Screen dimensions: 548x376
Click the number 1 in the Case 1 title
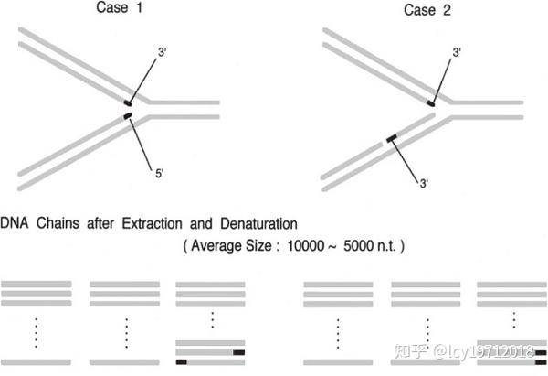pos(140,7)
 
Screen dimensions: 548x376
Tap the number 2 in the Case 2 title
pos(447,10)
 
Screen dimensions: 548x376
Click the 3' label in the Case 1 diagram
pos(163,52)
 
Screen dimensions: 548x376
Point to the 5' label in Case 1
pos(159,173)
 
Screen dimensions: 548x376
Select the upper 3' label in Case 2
pos(457,52)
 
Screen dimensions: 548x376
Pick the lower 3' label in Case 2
pos(424,183)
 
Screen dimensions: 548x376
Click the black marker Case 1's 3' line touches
pos(128,103)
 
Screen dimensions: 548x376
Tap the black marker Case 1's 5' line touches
pos(128,115)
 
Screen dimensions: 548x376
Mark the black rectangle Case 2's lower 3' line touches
pos(392,138)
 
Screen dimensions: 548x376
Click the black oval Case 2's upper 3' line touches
pos(430,103)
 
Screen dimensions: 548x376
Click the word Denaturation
pos(258,224)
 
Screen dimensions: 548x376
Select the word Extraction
pos(152,224)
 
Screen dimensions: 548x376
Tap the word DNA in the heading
pos(15,223)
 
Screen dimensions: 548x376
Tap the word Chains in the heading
pos(58,223)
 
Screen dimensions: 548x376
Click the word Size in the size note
pos(258,246)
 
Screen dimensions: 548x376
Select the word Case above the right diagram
pos(419,10)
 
